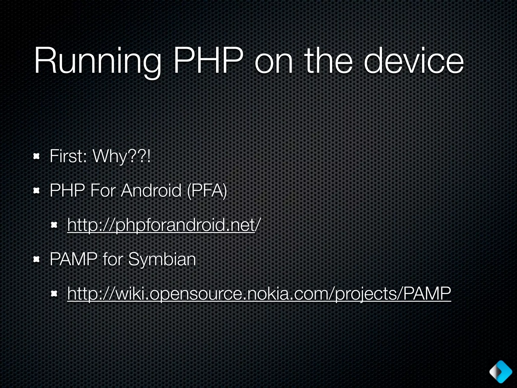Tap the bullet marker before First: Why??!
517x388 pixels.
[37, 157]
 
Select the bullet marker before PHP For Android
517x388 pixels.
[37, 191]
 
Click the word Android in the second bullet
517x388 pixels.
[151, 190]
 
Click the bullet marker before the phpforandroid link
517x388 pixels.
[54, 225]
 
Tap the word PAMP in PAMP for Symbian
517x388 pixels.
[73, 259]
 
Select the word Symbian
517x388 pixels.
[162, 260]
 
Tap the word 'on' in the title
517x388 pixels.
[274, 62]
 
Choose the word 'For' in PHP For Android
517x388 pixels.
[102, 190]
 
